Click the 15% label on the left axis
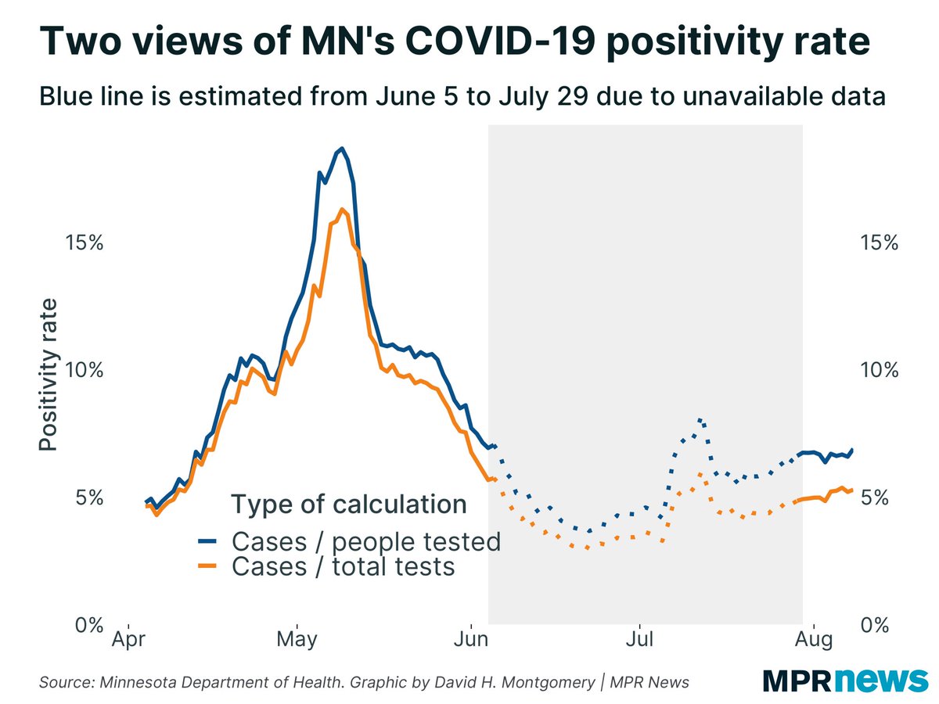click(82, 242)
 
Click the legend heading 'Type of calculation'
click(348, 505)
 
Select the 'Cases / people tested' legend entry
click(365, 541)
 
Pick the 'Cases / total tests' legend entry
click(343, 566)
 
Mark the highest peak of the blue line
click(341, 149)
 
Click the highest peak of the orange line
click(342, 209)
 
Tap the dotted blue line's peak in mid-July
click(700, 419)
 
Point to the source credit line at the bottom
click(364, 682)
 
